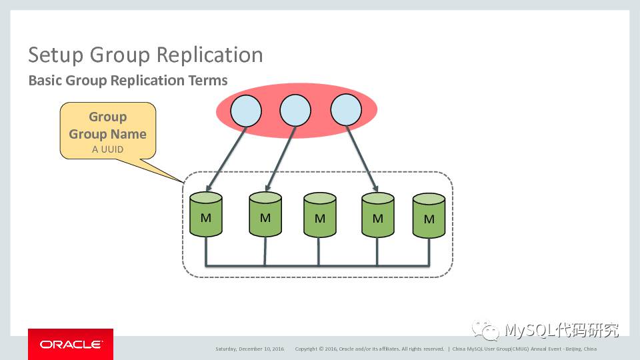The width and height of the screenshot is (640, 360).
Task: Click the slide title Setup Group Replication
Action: coord(145,55)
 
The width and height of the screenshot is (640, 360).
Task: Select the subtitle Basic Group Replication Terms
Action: coord(128,81)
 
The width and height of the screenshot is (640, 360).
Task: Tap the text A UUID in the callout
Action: coord(107,149)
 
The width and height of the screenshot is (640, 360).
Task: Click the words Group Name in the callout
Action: coord(107,133)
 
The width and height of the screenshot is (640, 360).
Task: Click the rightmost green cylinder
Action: coord(429,216)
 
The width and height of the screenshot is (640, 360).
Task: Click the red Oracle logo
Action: coord(71,344)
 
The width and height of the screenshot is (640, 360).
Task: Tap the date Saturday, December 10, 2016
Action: coord(249,349)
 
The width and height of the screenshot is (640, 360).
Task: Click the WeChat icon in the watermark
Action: coord(486,329)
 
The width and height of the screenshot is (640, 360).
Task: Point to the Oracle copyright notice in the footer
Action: coord(369,349)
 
